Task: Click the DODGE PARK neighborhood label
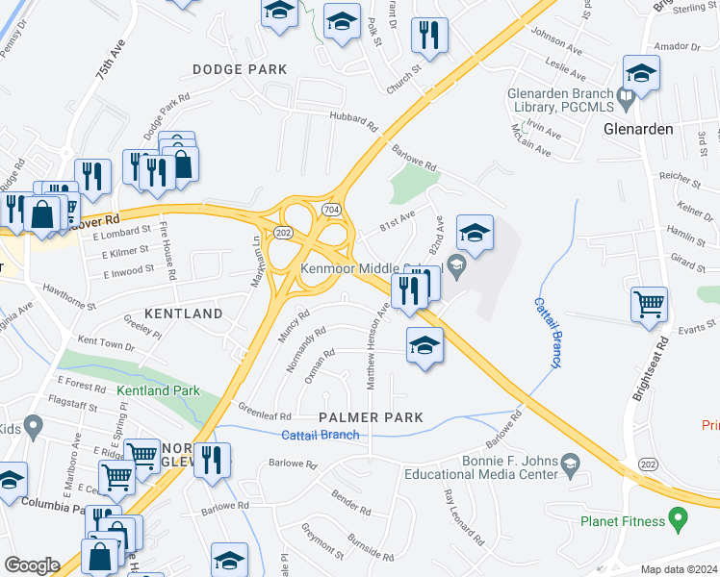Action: click(x=240, y=69)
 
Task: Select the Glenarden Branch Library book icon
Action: click(x=626, y=94)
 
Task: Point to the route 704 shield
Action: click(x=331, y=208)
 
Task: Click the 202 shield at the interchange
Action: click(x=283, y=233)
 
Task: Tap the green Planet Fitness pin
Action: click(x=679, y=521)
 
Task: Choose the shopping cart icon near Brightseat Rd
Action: click(x=649, y=304)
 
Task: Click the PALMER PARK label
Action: click(x=372, y=417)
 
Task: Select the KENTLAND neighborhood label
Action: click(x=183, y=314)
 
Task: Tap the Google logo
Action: click(x=32, y=565)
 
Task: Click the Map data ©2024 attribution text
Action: click(x=679, y=569)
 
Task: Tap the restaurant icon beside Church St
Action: click(x=429, y=36)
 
